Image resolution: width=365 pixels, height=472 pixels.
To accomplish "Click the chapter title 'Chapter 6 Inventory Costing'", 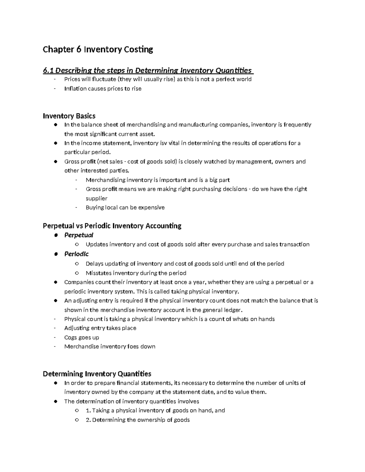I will point(98,50).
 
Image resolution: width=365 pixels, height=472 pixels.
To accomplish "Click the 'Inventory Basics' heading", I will point(69,116).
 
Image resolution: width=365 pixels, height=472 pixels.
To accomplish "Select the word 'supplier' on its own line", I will point(96,198).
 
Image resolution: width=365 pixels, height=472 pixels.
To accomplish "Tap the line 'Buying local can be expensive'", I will point(125,208).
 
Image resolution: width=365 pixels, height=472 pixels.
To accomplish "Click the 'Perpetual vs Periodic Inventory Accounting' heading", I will point(112,226).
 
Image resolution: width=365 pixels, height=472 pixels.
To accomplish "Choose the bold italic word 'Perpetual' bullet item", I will point(79,235).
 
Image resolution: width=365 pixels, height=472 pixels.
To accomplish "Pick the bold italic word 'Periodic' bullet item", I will point(76,254).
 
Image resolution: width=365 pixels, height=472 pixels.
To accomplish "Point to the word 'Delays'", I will point(95,264).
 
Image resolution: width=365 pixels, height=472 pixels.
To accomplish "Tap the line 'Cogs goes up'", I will point(82,337).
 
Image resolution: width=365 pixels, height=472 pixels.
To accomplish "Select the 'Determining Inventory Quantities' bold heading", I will point(97,374).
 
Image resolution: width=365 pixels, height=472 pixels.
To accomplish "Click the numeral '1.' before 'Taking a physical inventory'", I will point(88,411).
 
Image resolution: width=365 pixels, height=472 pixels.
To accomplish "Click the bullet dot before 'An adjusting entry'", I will point(55,301).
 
